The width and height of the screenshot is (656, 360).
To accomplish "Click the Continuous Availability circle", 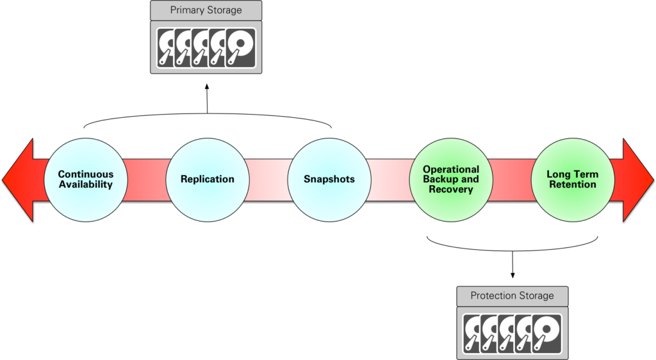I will pyautogui.click(x=85, y=179).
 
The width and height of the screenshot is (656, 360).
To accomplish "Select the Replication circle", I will pyautogui.click(x=207, y=179).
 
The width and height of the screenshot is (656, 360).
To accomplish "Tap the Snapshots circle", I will pyautogui.click(x=329, y=179).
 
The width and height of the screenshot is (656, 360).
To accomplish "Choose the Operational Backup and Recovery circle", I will pyautogui.click(x=450, y=179).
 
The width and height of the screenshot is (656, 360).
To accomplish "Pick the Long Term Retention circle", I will pyautogui.click(x=571, y=179).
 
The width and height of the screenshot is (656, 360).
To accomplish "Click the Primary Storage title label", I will pyautogui.click(x=206, y=10).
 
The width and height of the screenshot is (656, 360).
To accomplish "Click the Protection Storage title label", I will pyautogui.click(x=512, y=296).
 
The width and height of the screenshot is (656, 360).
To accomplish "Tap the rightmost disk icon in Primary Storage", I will pyautogui.click(x=240, y=47).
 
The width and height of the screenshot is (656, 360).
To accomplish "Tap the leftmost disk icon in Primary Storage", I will pyautogui.click(x=167, y=47).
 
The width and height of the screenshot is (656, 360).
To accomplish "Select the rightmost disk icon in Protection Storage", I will pyautogui.click(x=546, y=333).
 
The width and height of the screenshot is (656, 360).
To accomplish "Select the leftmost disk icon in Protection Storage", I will pyautogui.click(x=473, y=333).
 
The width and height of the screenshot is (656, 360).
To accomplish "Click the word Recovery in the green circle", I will pyautogui.click(x=450, y=190).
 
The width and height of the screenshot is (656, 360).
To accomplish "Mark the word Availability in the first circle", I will pyautogui.click(x=85, y=184).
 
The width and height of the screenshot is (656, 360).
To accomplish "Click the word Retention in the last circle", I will pyautogui.click(x=571, y=184).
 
